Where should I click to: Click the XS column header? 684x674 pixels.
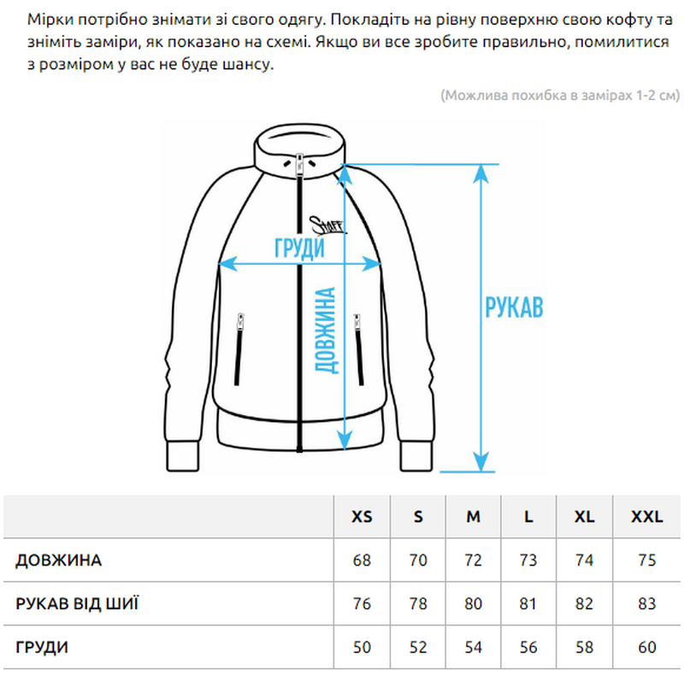coord(362,517)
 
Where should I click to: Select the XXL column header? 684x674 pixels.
coord(647,517)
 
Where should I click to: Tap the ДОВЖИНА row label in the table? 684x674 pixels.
coord(58,560)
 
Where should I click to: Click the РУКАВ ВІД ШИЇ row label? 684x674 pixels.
coord(77,603)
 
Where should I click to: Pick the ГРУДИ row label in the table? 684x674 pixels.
coord(42,647)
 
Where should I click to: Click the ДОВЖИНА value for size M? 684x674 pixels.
coord(473,560)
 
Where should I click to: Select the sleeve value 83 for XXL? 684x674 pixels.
coord(647,604)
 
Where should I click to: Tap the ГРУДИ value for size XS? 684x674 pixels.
coord(362,647)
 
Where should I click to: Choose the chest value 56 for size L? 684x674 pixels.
coord(528,647)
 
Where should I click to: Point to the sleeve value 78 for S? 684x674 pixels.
coord(418,604)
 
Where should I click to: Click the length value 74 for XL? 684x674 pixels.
coord(584,560)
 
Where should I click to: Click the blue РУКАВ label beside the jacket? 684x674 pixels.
coord(514,307)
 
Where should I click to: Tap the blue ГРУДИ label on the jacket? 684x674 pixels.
coord(300,249)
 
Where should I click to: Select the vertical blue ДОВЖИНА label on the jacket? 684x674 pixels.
coord(327,331)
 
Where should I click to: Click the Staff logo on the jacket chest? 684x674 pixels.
coord(327,225)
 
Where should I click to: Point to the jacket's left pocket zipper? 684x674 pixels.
coord(239,349)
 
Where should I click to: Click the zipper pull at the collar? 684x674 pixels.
coord(300,164)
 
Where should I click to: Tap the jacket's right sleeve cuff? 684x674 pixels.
coord(416,456)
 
